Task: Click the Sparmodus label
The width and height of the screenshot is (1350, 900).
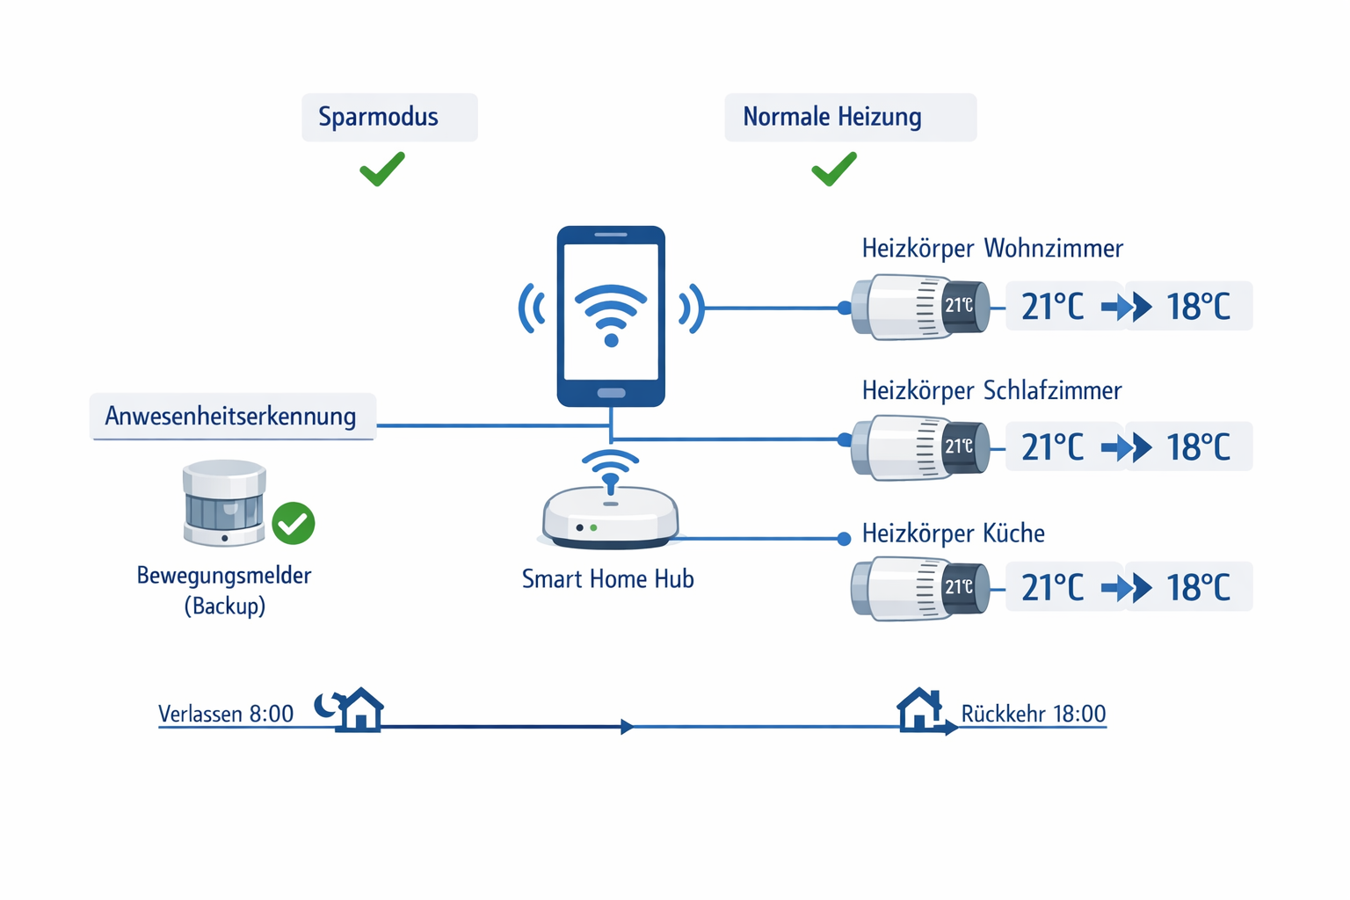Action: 379,117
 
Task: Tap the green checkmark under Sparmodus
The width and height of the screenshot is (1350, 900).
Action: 382,169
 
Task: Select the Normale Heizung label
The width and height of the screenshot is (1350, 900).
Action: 832,117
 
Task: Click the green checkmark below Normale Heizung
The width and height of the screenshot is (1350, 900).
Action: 834,169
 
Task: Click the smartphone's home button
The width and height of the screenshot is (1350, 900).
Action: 611,393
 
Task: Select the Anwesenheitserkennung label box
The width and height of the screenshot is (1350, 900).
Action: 231,416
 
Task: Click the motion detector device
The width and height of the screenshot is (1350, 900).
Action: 224,503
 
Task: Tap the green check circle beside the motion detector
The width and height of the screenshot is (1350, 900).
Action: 294,524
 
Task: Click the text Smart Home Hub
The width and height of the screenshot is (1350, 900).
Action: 607,579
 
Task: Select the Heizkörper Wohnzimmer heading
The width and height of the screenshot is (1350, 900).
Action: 992,249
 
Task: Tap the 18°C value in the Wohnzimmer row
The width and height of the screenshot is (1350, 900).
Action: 1198,307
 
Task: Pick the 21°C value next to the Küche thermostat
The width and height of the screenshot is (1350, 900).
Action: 1053,587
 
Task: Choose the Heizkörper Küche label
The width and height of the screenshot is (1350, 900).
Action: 954,533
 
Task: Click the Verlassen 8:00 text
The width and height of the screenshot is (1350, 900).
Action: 226,714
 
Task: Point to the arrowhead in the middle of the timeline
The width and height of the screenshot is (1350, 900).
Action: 627,727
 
